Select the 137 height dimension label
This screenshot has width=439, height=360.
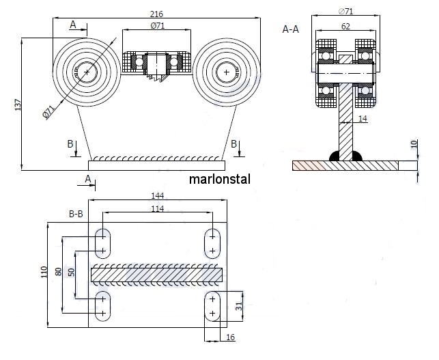[16, 105]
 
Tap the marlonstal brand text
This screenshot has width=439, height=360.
[220, 180]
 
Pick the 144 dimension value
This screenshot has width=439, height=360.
[158, 196]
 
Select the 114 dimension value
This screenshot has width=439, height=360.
[158, 208]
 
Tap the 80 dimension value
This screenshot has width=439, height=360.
[59, 272]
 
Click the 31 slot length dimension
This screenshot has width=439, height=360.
[239, 306]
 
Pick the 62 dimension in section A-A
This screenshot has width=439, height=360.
[346, 27]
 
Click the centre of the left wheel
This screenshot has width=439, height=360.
[87, 71]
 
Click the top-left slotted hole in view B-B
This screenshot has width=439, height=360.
[103, 240]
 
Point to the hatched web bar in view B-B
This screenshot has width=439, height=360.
[157, 275]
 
